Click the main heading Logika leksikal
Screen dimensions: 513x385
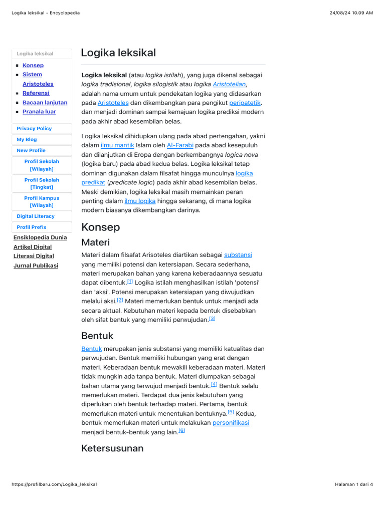tap(118, 53)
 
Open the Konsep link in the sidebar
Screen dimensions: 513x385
tap(33, 65)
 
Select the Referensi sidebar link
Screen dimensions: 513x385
tap(36, 93)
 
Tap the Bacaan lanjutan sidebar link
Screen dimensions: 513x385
tap(45, 102)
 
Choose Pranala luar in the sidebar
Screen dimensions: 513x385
tap(39, 112)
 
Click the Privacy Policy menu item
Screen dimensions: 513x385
tap(34, 129)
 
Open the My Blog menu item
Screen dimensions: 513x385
tap(27, 140)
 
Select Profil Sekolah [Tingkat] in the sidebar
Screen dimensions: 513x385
tap(42, 183)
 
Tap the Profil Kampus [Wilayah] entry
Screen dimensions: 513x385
tap(42, 201)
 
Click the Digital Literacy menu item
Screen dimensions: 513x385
tap(36, 216)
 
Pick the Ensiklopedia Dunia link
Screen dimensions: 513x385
tap(40, 237)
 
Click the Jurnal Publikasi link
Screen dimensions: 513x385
tap(36, 266)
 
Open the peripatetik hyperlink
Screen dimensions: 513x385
tap(245, 103)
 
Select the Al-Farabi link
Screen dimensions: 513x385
tap(180, 145)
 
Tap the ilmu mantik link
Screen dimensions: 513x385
tap(117, 145)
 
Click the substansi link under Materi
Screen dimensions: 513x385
tap(238, 255)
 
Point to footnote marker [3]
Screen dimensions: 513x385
tap(212, 319)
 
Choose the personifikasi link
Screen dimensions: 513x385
tap(231, 423)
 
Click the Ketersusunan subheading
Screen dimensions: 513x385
tap(112, 448)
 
